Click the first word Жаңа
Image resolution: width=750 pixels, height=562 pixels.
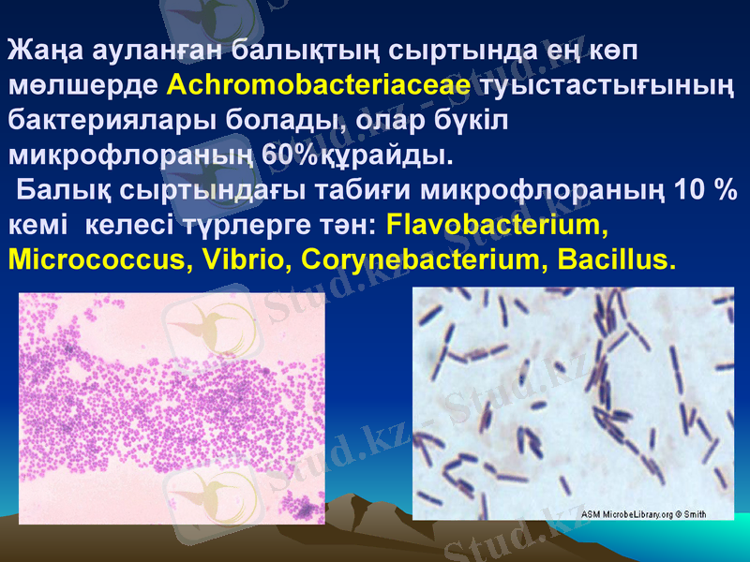[x=41, y=52]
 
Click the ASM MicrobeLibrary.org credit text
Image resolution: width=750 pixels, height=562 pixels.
[x=628, y=514]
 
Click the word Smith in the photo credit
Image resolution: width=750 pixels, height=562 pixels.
[x=695, y=514]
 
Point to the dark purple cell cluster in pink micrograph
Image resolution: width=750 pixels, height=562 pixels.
[x=303, y=508]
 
